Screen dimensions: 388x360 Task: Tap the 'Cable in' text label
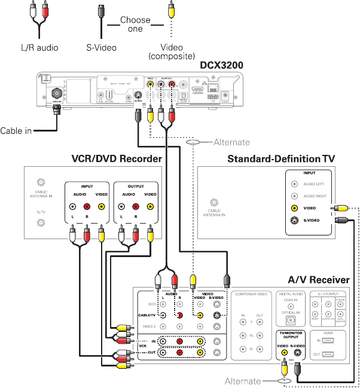pyautogui.click(x=16, y=131)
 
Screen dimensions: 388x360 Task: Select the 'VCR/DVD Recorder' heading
pyautogui.click(x=117, y=159)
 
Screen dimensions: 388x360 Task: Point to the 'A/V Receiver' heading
pyautogui.click(x=318, y=280)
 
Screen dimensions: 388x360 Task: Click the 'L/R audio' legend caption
pyautogui.click(x=39, y=48)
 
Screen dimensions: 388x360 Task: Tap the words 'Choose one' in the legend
pyautogui.click(x=135, y=25)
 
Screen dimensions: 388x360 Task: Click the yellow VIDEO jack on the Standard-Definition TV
pyautogui.click(x=294, y=209)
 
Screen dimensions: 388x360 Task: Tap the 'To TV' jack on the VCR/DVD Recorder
pyautogui.click(x=40, y=222)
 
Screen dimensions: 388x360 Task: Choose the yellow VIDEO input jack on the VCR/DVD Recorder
pyautogui.click(x=100, y=207)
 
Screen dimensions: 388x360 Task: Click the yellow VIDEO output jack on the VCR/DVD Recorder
pyautogui.click(x=150, y=207)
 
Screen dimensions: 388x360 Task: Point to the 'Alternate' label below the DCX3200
pyautogui.click(x=231, y=143)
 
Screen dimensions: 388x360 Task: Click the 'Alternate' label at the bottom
pyautogui.click(x=243, y=381)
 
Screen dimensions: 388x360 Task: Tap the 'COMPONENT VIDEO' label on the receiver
pyautogui.click(x=251, y=295)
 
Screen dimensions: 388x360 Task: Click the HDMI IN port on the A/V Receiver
pyautogui.click(x=330, y=341)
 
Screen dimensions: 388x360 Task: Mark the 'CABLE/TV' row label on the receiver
pyautogui.click(x=148, y=315)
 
